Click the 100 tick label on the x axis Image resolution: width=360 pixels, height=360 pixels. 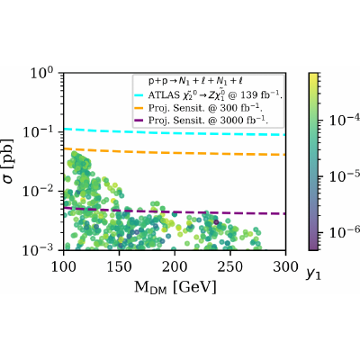click(63, 266)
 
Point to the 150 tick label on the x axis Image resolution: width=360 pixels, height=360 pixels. click(119, 266)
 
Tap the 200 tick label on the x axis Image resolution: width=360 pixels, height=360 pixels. click(175, 266)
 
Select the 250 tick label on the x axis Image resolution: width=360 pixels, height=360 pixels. click(230, 266)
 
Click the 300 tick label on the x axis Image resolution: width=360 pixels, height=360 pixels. click(285, 266)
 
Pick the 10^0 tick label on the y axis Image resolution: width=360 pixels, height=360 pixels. click(41, 73)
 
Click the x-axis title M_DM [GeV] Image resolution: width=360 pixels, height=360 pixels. click(175, 287)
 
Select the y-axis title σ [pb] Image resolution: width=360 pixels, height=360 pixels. click(9, 161)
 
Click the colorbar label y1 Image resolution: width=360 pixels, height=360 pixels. click(313, 274)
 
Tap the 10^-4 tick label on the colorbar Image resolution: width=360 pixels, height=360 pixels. click(345, 120)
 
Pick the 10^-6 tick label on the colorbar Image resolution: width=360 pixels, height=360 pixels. click(345, 232)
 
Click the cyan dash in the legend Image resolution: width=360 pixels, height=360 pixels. click(140, 95)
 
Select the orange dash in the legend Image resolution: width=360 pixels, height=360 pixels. click(140, 108)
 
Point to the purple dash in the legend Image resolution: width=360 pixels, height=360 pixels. click(140, 121)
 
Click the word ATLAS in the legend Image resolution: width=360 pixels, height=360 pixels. click(161, 95)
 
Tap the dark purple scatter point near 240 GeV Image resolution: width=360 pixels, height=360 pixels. click(216, 222)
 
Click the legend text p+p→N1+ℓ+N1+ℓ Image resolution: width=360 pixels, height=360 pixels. click(195, 81)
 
